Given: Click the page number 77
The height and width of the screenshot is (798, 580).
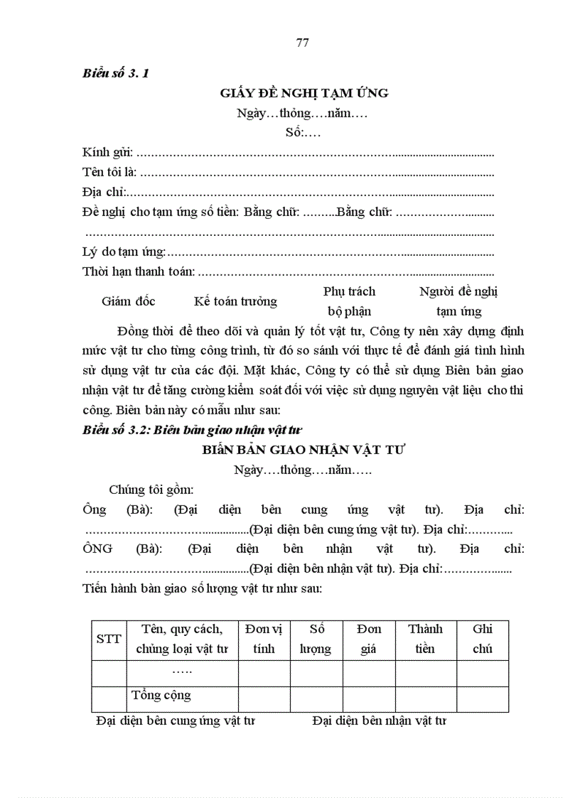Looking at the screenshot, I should (x=302, y=43).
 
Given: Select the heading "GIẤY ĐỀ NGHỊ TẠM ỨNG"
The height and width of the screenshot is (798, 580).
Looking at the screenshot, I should (x=304, y=93).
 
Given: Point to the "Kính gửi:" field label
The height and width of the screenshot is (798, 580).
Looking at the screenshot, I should (x=107, y=152).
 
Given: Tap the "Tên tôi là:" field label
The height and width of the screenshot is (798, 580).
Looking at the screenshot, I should (x=109, y=172).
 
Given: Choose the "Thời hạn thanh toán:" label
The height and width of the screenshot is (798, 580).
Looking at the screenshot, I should (x=138, y=271).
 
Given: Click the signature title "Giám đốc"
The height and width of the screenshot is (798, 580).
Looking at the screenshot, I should (x=128, y=301).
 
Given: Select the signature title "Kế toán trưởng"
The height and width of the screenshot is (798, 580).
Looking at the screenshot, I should (x=235, y=301).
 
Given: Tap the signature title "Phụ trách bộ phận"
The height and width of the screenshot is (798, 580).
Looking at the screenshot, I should (x=349, y=301).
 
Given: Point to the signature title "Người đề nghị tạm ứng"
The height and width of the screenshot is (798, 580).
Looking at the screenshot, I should (x=458, y=301).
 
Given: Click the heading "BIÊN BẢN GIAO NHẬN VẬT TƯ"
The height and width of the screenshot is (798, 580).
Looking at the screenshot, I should (x=304, y=450).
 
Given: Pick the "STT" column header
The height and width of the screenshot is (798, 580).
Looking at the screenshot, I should (x=109, y=639).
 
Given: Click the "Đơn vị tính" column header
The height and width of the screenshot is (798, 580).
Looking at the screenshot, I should (x=264, y=639).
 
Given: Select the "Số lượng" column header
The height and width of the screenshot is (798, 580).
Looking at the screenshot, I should (x=316, y=639).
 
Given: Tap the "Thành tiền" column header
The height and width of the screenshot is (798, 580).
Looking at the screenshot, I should (x=425, y=639).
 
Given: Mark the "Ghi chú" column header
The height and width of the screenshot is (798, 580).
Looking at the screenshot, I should (x=483, y=639).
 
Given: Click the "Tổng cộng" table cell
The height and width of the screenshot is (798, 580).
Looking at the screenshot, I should (x=161, y=695).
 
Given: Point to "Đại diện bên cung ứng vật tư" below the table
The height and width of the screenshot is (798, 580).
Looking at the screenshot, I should (x=176, y=721).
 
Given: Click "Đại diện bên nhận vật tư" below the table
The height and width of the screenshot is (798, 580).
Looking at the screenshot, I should (x=379, y=721).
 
